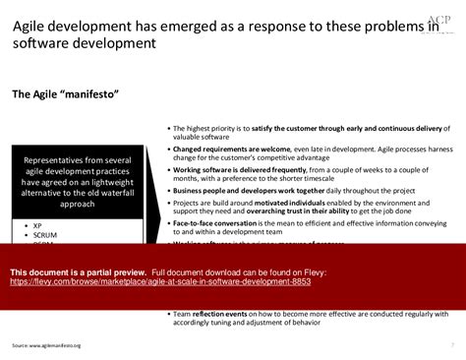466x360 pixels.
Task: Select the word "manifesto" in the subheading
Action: (x=91, y=94)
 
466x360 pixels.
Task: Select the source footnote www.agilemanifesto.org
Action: (x=46, y=346)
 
